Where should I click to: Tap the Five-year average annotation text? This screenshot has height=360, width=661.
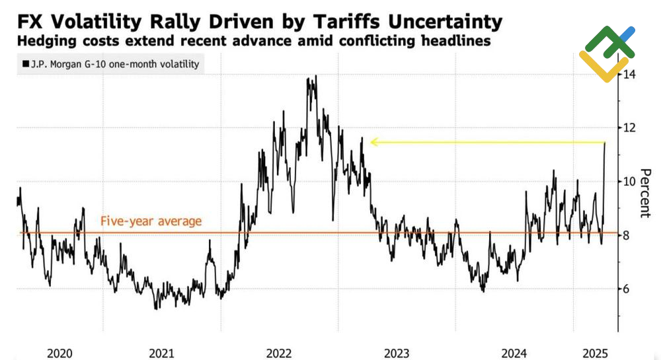151,221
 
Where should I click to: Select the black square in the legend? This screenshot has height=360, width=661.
25,65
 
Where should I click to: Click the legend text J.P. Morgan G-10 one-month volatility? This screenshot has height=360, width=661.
114,65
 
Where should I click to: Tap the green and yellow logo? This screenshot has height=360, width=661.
606,53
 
